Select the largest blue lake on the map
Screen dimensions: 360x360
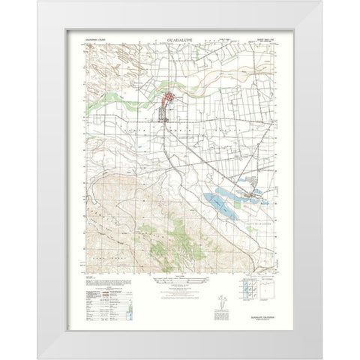218,201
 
